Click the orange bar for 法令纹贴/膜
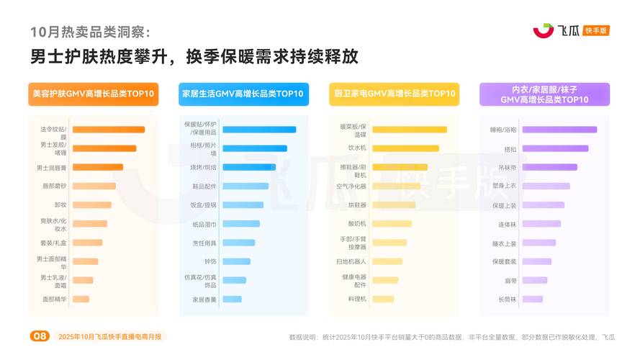coord(108,130)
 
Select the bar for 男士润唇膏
coord(97,167)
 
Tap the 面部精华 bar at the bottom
coord(81,299)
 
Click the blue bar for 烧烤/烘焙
coord(253,167)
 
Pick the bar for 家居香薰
coord(232,299)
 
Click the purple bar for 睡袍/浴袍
coord(559,130)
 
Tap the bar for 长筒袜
coord(532,299)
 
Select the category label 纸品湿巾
coord(204,224)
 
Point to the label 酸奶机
coord(357,223)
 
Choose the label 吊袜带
coord(509,167)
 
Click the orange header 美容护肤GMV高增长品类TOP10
coord(94,94)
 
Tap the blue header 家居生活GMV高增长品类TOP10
coord(243,94)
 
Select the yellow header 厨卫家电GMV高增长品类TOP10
coord(394,94)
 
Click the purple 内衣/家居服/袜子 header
coord(544,94)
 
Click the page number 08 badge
coord(40,336)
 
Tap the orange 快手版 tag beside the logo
coord(597,30)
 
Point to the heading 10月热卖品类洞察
coord(91,32)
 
